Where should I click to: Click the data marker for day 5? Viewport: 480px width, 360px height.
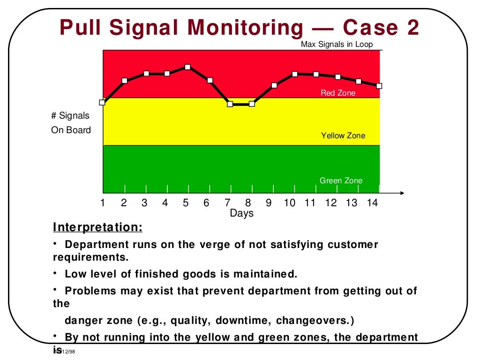[187, 67]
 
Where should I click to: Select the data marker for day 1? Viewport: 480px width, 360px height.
[102, 102]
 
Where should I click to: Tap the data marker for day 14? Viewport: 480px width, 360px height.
[379, 86]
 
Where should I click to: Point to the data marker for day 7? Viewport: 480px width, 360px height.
[230, 104]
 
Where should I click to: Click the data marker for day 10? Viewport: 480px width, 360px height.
[295, 74]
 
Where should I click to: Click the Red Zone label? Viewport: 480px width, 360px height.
[338, 93]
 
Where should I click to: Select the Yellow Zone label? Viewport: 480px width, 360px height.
[343, 135]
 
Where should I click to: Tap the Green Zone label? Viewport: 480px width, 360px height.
[341, 180]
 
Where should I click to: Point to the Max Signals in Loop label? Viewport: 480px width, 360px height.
[337, 45]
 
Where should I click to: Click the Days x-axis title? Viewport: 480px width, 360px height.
[241, 213]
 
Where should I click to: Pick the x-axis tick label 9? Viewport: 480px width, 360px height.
[269, 203]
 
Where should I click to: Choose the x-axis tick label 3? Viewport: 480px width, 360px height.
[144, 203]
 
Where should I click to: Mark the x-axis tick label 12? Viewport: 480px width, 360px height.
[331, 203]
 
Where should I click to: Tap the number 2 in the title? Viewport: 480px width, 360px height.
[411, 28]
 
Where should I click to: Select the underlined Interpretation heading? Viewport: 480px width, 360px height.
[97, 227]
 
